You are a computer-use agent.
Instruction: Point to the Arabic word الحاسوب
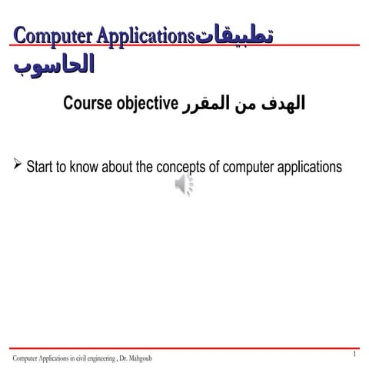click(54, 65)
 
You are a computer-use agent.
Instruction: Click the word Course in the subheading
click(88, 103)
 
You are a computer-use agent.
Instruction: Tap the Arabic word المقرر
click(206, 103)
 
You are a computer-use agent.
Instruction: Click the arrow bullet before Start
click(18, 165)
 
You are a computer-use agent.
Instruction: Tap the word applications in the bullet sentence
click(313, 166)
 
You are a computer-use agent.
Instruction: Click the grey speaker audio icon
click(184, 184)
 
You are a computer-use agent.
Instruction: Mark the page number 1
click(354, 354)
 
